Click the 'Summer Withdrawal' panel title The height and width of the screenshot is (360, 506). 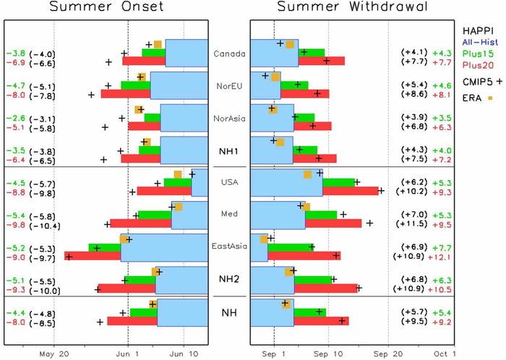353,8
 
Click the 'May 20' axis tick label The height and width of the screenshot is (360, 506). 53,353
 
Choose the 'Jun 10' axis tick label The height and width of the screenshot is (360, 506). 182,353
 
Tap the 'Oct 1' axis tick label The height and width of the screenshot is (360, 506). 445,353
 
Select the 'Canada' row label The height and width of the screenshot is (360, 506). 229,53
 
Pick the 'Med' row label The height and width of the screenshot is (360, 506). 229,215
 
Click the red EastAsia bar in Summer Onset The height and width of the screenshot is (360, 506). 93,256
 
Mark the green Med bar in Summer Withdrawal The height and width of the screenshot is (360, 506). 321,215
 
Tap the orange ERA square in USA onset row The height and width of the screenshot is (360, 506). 178,174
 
